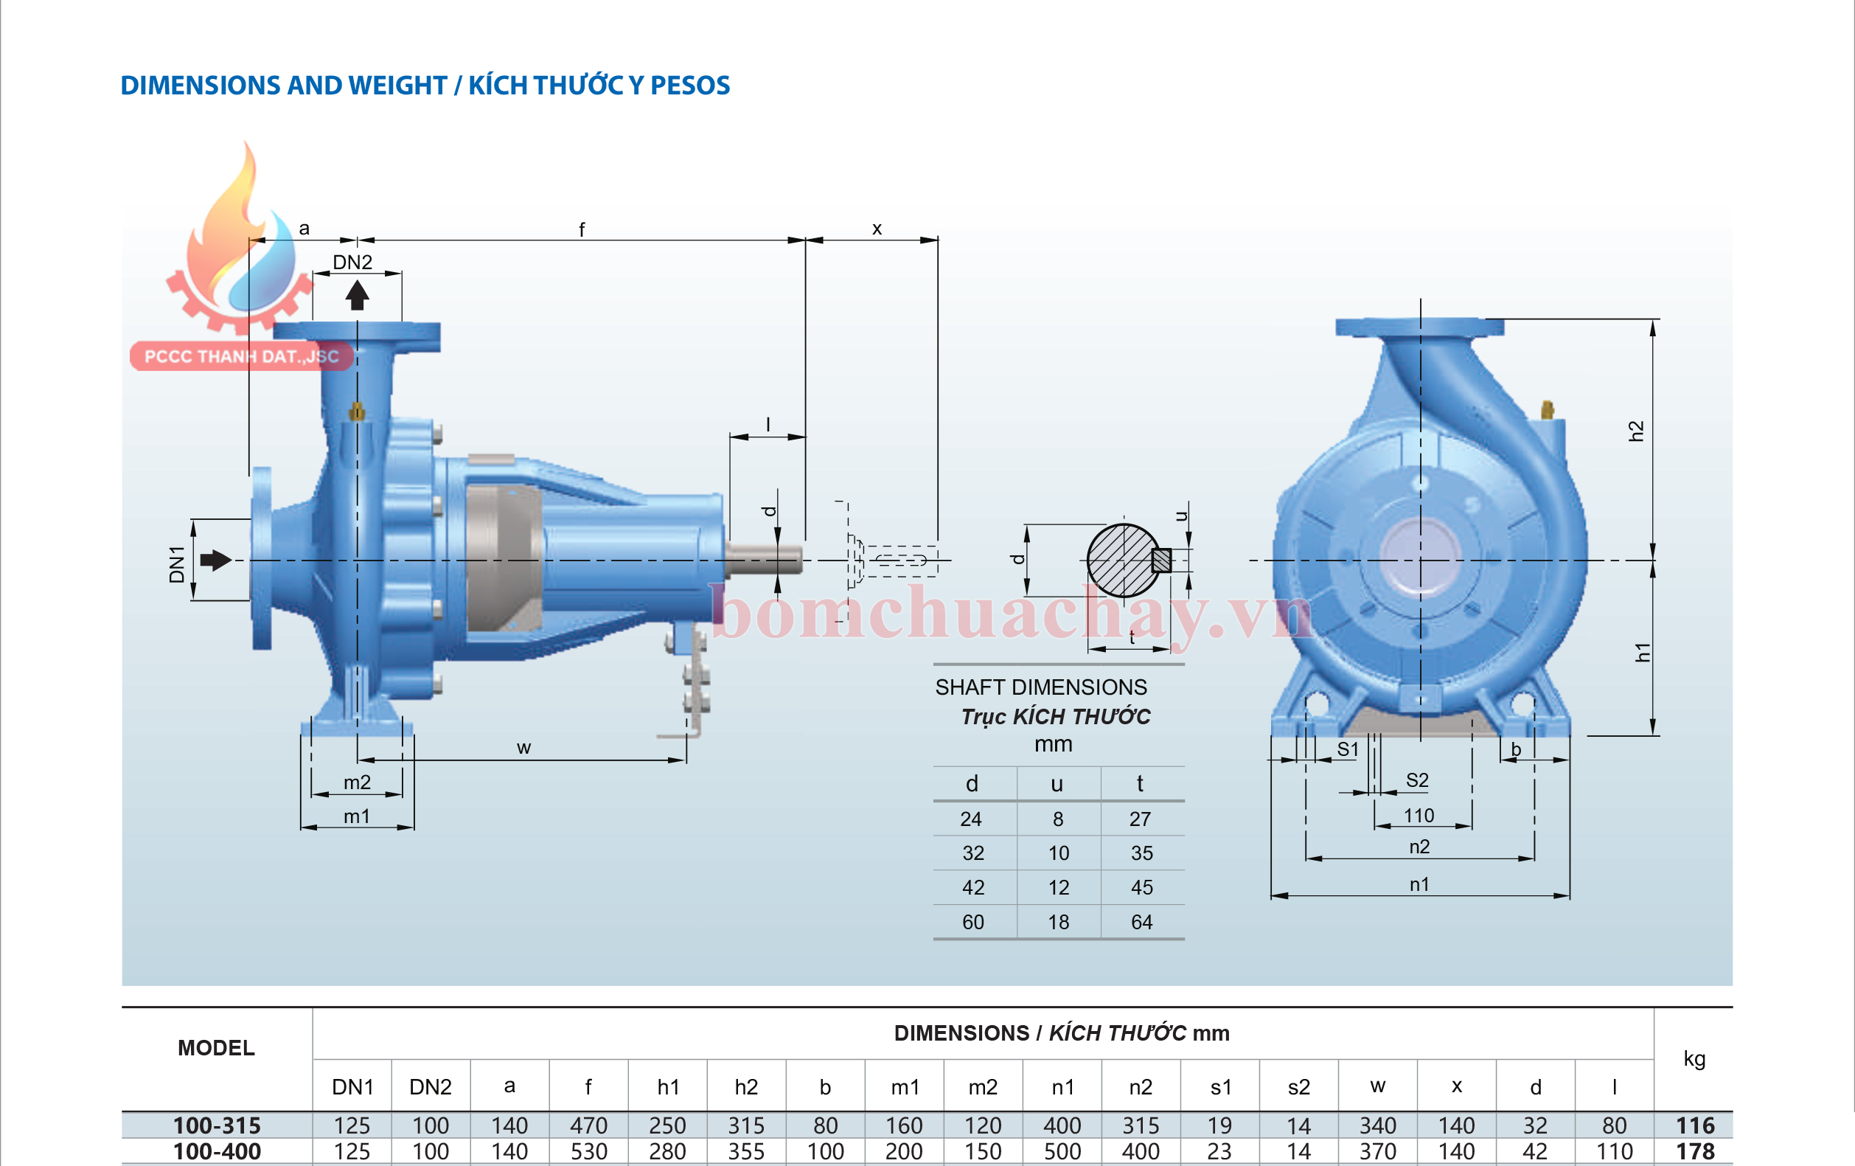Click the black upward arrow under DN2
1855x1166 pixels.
(357, 295)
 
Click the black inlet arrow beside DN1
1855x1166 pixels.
(216, 561)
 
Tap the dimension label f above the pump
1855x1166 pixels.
(582, 229)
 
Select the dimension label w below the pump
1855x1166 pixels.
(523, 748)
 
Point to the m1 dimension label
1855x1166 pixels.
(357, 816)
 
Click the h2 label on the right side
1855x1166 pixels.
(1636, 431)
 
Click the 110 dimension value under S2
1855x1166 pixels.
(1419, 816)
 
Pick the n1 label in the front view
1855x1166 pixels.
(1419, 884)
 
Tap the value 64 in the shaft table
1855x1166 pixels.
(1141, 923)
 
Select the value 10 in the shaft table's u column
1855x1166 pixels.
(1059, 853)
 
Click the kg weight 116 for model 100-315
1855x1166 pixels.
(1695, 1126)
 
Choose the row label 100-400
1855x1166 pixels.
(217, 1151)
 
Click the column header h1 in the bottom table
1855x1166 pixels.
(668, 1086)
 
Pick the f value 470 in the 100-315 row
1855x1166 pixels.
(588, 1126)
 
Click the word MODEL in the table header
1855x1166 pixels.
(216, 1048)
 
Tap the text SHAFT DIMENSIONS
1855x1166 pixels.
(1041, 687)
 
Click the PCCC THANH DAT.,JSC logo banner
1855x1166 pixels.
(241, 357)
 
